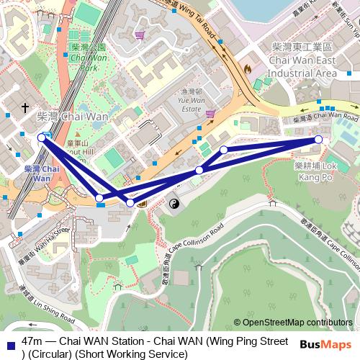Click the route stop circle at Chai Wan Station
click(x=41, y=137)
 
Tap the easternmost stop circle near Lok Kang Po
click(x=318, y=140)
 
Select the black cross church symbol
click(x=25, y=108)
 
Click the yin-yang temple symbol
click(x=174, y=205)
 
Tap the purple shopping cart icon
click(x=210, y=114)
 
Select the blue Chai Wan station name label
click(x=37, y=173)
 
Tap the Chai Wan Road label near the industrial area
click(x=328, y=116)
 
